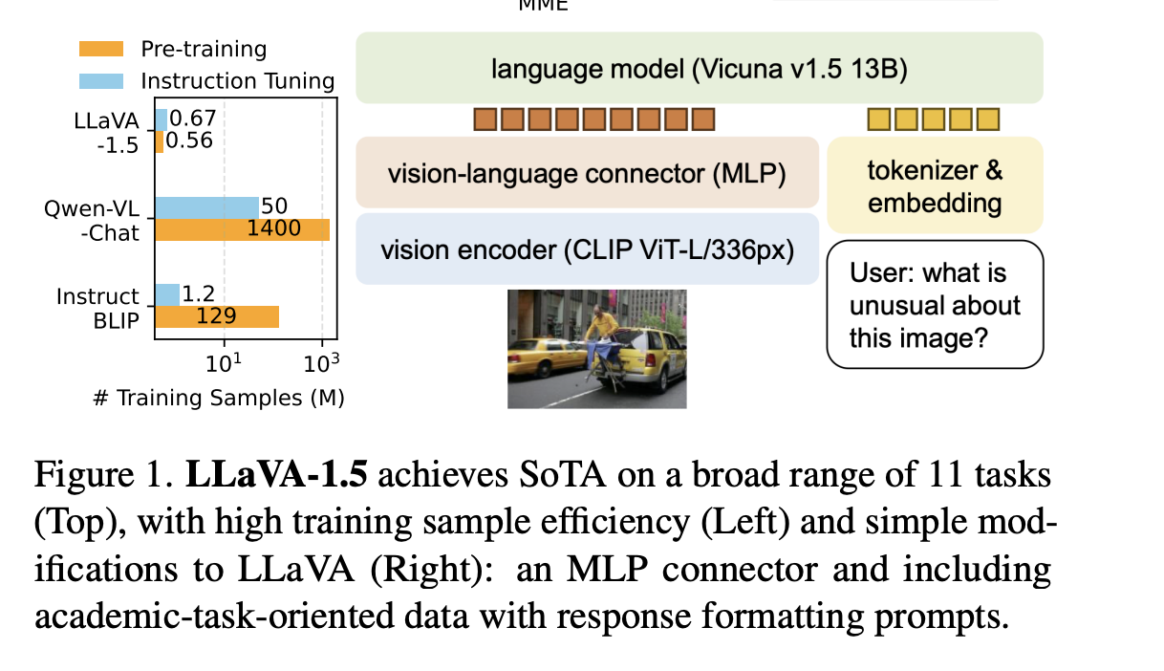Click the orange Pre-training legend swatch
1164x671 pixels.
100,49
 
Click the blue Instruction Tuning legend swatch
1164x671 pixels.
100,79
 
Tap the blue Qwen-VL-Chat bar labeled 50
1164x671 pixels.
207,207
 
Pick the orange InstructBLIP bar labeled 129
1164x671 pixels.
217,316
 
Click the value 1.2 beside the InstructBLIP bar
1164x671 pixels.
198,294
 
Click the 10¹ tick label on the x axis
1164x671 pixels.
225,363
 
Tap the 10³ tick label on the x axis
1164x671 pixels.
322,363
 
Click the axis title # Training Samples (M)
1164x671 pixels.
219,398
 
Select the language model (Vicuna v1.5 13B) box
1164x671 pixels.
699,68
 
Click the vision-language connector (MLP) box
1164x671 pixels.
587,174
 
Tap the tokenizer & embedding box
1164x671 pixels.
935,186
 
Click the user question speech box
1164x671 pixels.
935,305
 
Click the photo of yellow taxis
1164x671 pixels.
596,350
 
